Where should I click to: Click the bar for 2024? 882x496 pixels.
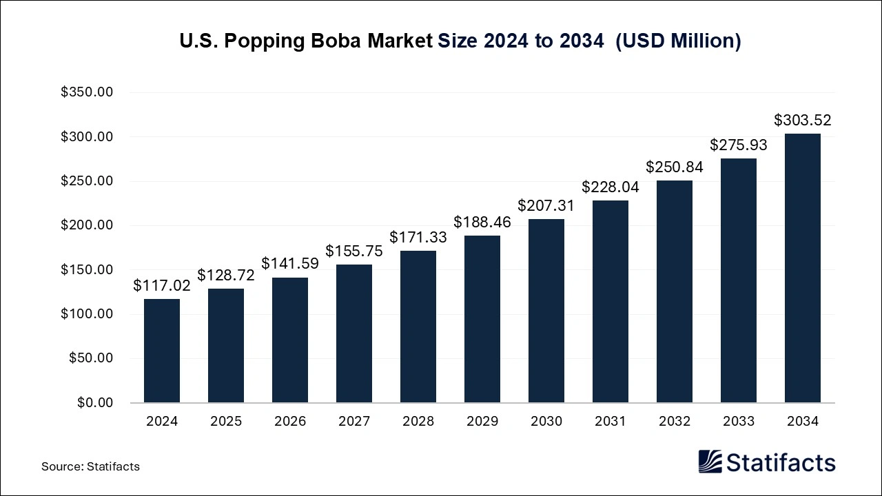coord(162,351)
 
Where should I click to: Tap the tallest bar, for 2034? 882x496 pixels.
coord(803,268)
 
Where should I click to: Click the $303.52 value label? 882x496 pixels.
coord(803,121)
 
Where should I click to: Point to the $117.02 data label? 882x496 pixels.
coord(162,285)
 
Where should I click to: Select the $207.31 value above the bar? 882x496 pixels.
coord(546,205)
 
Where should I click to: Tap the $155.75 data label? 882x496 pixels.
coord(354,251)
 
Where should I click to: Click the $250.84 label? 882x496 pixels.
coord(675,167)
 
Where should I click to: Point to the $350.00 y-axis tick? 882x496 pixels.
coord(87,92)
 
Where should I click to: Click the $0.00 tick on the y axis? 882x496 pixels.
coord(95,402)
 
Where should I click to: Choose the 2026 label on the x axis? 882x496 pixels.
coord(290,422)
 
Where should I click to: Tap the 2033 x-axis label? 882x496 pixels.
coord(739,422)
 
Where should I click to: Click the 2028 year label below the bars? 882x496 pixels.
coord(418,422)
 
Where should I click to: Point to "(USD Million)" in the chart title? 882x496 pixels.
coord(678,41)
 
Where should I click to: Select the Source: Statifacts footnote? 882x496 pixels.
coord(90,466)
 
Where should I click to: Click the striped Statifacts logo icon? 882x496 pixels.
coord(710,462)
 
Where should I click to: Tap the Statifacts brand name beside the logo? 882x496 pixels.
coord(781,462)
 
